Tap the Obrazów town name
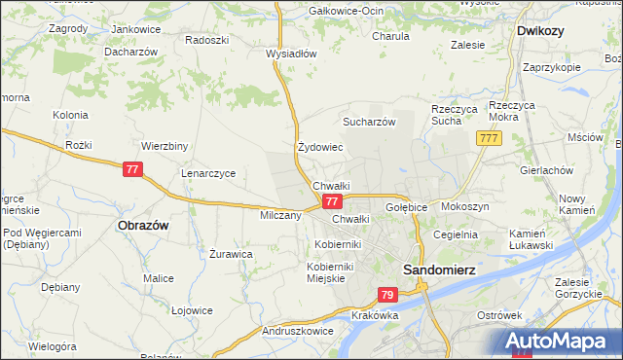coord(143,225)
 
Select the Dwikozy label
coord(542,30)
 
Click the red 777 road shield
coord(490,140)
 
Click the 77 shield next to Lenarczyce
coord(134,169)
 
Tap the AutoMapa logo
coord(561,342)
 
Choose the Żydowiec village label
coord(320,148)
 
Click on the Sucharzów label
coord(368,122)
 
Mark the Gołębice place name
coord(408,207)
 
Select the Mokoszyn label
coord(464,207)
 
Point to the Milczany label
coord(280,215)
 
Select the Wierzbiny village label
coord(165,147)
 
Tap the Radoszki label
coord(206,41)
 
